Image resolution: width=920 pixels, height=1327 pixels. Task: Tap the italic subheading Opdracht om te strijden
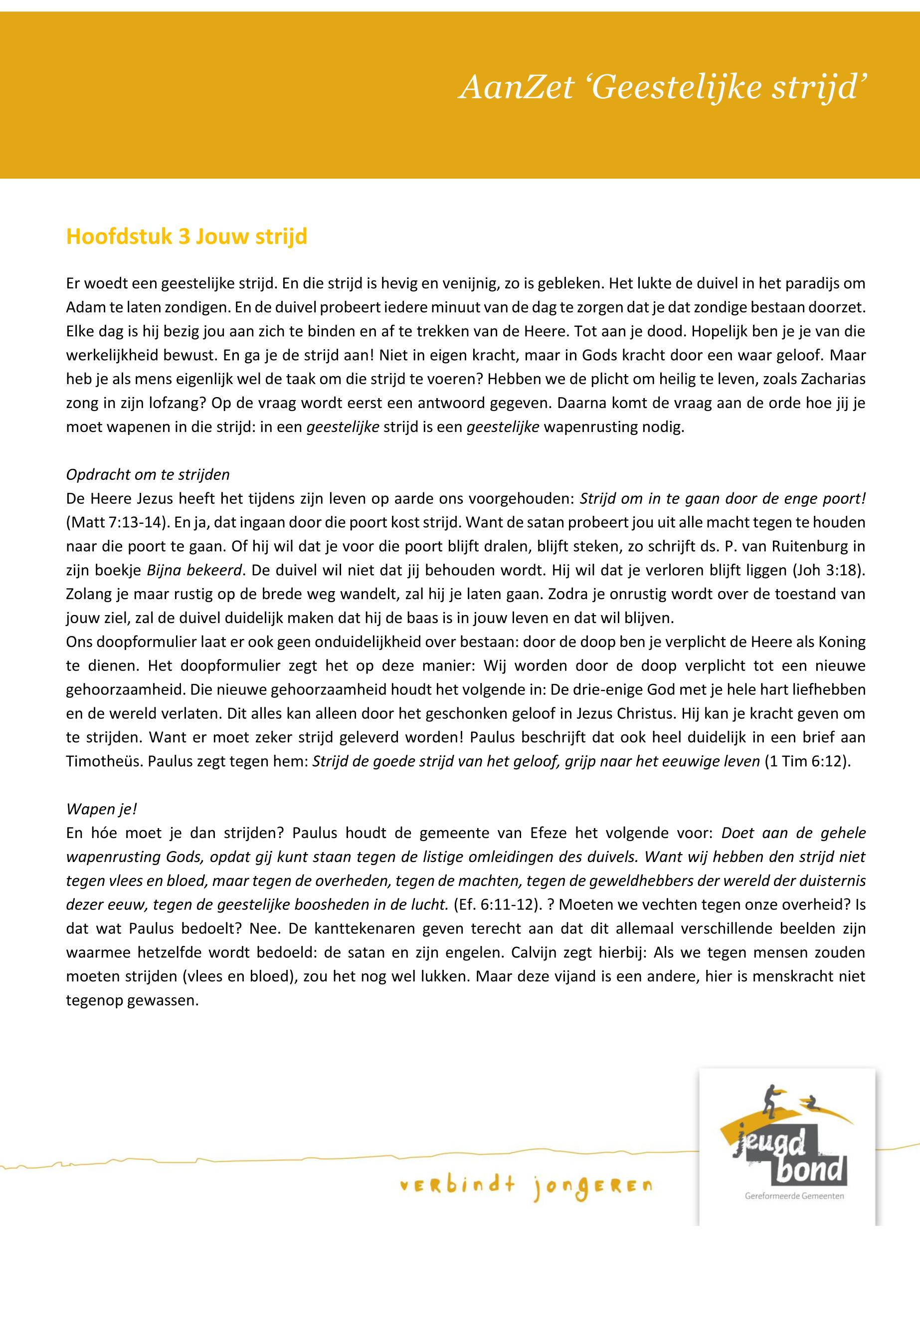(x=148, y=474)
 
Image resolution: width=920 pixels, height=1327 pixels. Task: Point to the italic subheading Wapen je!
(x=101, y=809)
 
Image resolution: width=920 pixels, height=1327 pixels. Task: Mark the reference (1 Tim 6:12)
(x=807, y=761)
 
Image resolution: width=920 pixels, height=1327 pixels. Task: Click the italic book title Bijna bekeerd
(x=193, y=570)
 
